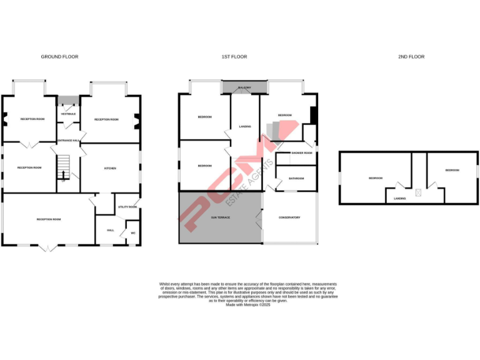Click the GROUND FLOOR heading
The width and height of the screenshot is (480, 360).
(59, 57)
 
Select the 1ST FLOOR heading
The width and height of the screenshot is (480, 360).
(234, 57)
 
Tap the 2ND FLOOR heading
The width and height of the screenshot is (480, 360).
(411, 57)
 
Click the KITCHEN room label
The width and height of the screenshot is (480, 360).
(110, 169)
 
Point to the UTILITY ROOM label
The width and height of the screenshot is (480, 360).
(127, 207)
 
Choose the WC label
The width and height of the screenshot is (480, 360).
(132, 233)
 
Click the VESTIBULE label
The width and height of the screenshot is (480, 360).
(68, 114)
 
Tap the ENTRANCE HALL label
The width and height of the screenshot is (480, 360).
(68, 141)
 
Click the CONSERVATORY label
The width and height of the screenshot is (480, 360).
(289, 217)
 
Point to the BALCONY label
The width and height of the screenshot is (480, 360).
(244, 87)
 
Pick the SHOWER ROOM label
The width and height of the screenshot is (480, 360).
(301, 152)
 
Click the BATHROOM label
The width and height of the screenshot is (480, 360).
(296, 179)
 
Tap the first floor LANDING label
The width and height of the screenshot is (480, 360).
(245, 127)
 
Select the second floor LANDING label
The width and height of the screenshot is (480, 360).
(400, 198)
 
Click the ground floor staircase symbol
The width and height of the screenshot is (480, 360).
(62, 167)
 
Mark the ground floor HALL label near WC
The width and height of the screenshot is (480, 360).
(111, 231)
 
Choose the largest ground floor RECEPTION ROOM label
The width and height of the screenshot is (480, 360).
(48, 219)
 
